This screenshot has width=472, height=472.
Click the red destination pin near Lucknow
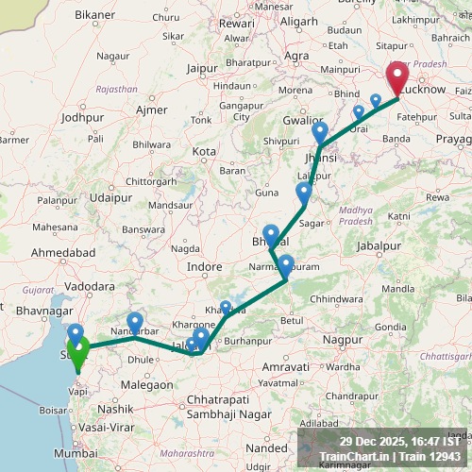point(396,76)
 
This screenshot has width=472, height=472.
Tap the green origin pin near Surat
point(78,351)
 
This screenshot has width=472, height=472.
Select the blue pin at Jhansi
point(320,133)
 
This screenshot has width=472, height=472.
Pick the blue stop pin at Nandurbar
point(135,323)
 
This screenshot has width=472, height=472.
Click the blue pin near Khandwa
point(225,308)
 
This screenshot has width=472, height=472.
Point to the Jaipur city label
point(202,68)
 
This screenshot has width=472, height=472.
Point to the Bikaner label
point(94,16)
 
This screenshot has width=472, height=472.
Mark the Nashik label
point(115,409)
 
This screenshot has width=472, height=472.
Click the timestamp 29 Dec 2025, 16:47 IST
point(400,441)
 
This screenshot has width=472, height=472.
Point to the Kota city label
point(203,151)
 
